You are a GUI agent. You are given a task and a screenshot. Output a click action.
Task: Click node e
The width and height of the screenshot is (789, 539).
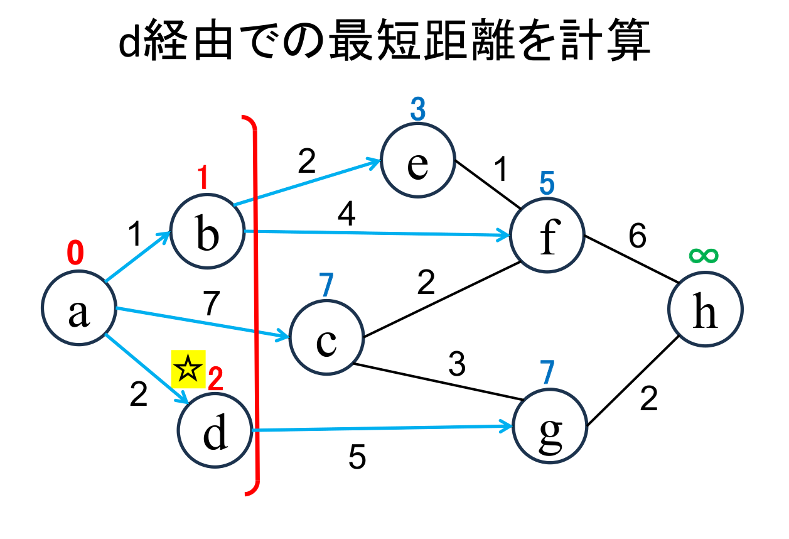417,161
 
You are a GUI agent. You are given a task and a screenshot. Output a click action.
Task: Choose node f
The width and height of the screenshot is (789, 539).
548,235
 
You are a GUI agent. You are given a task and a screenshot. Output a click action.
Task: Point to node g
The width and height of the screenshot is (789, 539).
550,428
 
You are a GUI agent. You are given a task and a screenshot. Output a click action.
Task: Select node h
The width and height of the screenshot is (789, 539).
706,308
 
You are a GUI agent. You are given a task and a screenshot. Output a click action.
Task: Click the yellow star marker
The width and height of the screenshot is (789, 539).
188,369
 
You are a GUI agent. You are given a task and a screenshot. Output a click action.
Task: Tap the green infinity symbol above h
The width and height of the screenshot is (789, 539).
704,255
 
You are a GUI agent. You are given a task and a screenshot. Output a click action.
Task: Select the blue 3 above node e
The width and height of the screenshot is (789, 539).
417,110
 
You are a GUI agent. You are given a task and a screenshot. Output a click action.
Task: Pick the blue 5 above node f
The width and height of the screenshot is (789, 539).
547,183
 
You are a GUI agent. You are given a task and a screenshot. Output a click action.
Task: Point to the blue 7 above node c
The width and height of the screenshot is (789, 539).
325,286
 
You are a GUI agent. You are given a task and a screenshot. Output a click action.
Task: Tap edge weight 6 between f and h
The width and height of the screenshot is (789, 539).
638,237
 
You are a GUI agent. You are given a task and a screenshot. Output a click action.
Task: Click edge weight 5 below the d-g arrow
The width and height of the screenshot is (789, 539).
357,458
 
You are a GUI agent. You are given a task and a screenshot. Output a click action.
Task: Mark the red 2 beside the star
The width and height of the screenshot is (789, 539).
215,379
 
